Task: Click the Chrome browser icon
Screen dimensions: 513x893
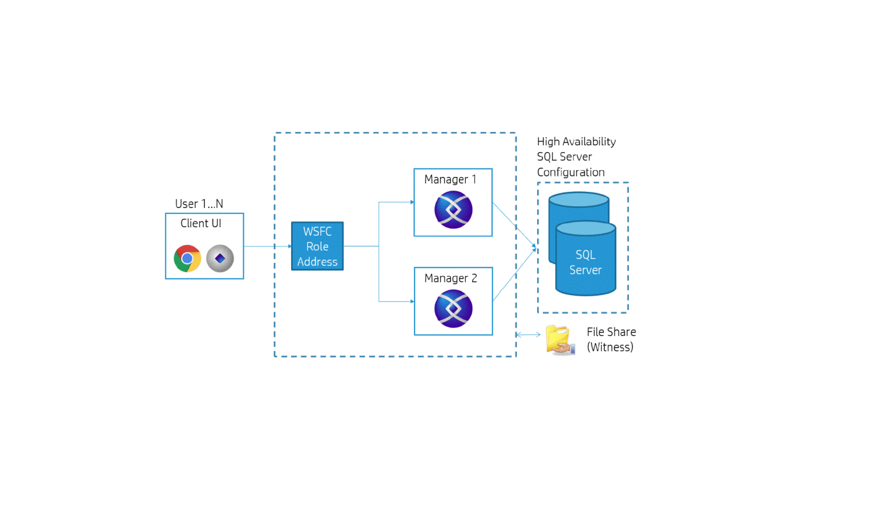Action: tap(187, 258)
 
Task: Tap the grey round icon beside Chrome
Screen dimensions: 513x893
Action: tap(220, 258)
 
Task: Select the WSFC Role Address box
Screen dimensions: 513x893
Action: tap(317, 246)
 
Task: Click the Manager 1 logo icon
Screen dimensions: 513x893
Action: tap(453, 210)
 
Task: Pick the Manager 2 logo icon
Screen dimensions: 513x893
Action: tap(453, 309)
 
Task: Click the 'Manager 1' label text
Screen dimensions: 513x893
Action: tap(450, 179)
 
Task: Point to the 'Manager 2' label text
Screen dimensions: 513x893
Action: tap(450, 278)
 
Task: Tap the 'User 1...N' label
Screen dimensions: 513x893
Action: tap(199, 204)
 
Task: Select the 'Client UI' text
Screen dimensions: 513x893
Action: tap(200, 223)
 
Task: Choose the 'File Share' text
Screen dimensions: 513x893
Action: tap(611, 332)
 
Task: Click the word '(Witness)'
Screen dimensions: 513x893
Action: tap(610, 347)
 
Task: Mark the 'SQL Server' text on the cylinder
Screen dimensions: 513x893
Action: tap(585, 262)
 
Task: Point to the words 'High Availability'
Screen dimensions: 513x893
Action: tap(576, 141)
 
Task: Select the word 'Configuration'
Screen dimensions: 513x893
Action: tap(571, 172)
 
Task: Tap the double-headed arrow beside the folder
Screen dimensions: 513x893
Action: tap(528, 335)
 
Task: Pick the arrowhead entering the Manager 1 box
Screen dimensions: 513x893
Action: tap(411, 202)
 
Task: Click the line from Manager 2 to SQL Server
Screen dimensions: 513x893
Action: tap(514, 275)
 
